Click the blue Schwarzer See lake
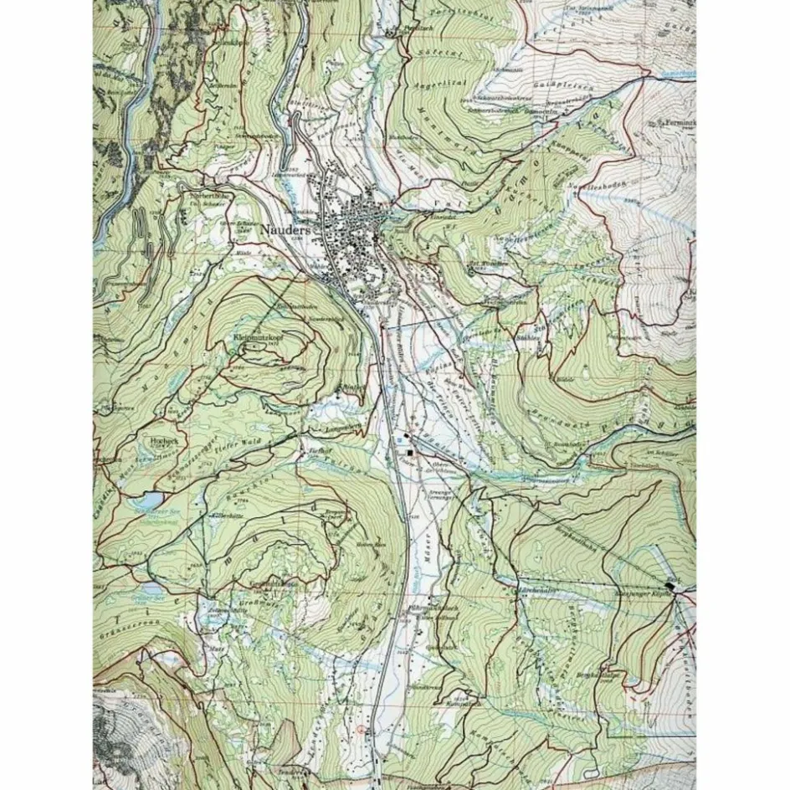point(147,505)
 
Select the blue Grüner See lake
point(147,598)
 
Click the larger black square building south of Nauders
point(410,453)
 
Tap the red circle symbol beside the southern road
point(361,730)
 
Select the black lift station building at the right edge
point(671,586)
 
